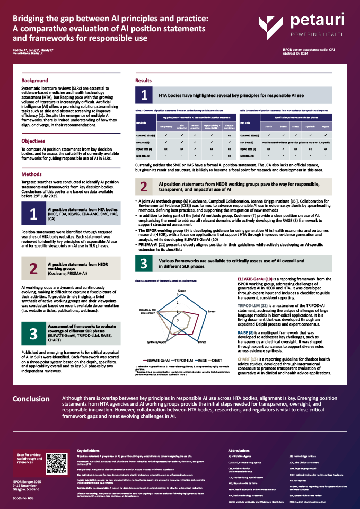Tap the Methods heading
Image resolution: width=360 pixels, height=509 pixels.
click(31, 174)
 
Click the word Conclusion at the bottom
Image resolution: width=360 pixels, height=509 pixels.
click(31, 414)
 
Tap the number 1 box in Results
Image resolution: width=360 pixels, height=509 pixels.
click(144, 95)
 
